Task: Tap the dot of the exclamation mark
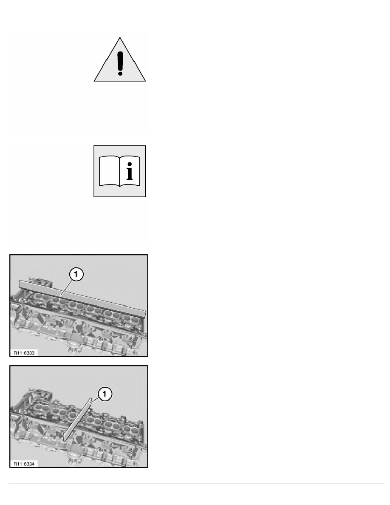point(120,73)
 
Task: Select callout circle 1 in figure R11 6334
point(105,395)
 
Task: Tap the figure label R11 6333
point(24,352)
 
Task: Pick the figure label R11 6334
point(24,463)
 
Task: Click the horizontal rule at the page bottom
point(195,483)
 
